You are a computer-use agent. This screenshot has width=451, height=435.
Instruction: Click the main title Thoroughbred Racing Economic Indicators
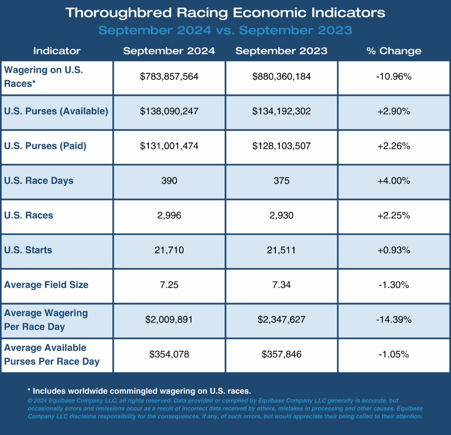point(225,13)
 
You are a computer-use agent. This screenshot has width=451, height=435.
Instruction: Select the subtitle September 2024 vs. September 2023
point(225,30)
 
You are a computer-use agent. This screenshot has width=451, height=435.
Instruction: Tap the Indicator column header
point(57,51)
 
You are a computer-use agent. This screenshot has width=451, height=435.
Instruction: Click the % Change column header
point(393,51)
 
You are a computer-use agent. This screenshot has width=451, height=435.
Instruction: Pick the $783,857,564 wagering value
point(169,77)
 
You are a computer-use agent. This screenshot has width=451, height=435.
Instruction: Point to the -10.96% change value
point(393,77)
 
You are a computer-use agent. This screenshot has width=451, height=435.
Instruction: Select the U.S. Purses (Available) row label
point(56,111)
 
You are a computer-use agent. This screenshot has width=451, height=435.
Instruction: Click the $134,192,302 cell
point(281,111)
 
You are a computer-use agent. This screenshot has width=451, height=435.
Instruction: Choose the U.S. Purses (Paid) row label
point(45,146)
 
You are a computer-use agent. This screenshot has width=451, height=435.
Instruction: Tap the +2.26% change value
point(393,146)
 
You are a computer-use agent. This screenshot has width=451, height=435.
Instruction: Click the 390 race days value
point(169,181)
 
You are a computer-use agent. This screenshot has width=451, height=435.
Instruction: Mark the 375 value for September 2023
point(281,181)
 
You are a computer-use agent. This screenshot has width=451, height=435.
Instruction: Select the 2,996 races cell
point(169,215)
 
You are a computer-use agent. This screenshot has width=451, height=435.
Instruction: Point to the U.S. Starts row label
point(28,250)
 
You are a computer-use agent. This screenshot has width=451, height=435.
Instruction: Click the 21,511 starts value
point(281,250)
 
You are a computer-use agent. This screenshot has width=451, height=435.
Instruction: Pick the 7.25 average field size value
point(169,285)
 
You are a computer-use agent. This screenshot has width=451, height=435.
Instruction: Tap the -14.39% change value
point(393,320)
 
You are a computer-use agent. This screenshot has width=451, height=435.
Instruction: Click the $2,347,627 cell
point(281,320)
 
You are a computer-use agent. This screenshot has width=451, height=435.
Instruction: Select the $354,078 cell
point(169,354)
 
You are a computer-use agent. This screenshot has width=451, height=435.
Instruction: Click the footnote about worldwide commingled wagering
point(139,391)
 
